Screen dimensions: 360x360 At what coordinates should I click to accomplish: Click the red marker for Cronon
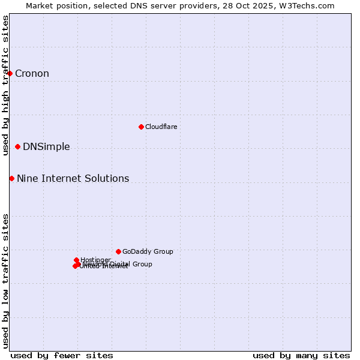(10, 73)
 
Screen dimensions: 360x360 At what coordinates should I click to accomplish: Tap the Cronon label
(32, 74)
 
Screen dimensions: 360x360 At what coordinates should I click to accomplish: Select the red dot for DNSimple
(17, 146)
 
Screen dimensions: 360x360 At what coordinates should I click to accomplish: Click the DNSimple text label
(46, 147)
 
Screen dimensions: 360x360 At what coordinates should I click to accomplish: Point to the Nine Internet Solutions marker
(11, 178)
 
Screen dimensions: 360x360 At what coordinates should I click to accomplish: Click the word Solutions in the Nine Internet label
(107, 179)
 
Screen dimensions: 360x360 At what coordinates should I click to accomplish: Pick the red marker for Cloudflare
(141, 127)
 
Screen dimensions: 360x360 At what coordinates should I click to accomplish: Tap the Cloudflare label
(161, 127)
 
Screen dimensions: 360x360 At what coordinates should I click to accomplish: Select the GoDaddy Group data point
(118, 251)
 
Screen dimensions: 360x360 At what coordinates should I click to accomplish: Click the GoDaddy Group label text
(148, 252)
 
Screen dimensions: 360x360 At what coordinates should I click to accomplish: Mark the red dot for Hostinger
(76, 260)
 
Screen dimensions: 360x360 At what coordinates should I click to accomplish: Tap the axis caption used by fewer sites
(62, 356)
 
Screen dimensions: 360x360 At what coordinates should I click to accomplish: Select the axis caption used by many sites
(301, 356)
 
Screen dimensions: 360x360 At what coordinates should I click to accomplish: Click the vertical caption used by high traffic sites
(5, 85)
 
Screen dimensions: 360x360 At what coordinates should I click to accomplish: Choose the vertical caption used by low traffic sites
(5, 280)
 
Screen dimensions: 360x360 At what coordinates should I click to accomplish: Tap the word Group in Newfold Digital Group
(142, 264)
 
